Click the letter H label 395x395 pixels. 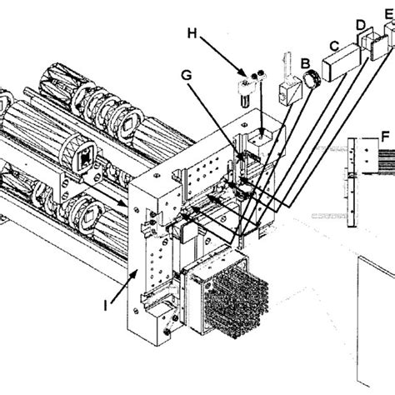(x=192, y=33)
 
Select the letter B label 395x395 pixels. (x=305, y=62)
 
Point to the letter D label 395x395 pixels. (x=360, y=26)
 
